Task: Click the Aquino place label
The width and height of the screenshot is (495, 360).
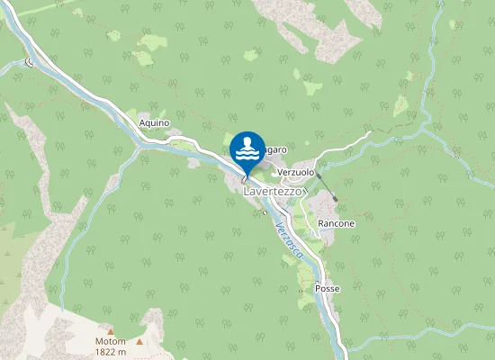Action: pyautogui.click(x=155, y=122)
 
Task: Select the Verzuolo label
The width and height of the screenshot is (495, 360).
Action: pyautogui.click(x=296, y=171)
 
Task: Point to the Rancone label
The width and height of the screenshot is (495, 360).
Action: pyautogui.click(x=336, y=223)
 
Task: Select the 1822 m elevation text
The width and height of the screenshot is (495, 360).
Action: pyautogui.click(x=110, y=353)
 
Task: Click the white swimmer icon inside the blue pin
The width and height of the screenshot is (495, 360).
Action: pyautogui.click(x=247, y=149)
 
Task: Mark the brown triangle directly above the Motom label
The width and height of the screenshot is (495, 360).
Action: pyautogui.click(x=111, y=331)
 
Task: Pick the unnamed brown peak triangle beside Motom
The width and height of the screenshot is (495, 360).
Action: pyautogui.click(x=139, y=342)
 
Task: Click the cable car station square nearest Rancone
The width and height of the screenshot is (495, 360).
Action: pyautogui.click(x=336, y=200)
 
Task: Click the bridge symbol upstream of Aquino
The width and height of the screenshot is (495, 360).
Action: pyautogui.click(x=30, y=62)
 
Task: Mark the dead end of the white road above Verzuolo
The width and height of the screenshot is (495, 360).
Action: pyautogui.click(x=370, y=132)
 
